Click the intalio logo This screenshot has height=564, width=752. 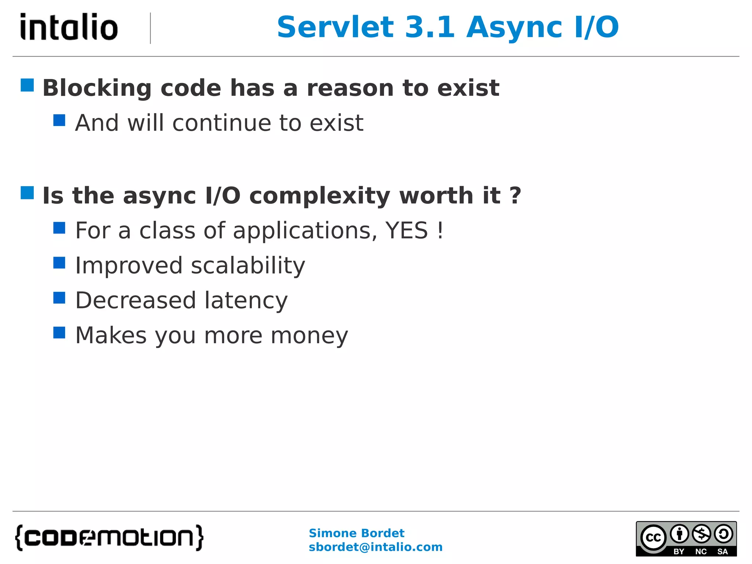tap(69, 27)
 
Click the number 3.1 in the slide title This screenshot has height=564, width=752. tap(430, 27)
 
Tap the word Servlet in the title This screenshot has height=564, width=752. tap(335, 27)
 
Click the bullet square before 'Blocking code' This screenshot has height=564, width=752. tap(27, 85)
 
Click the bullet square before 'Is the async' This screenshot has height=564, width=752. tap(27, 193)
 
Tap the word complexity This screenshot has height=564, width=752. tap(319, 196)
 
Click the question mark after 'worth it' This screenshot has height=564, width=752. tap(516, 195)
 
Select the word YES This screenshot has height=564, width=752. tap(406, 231)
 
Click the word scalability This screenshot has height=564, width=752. tap(248, 265)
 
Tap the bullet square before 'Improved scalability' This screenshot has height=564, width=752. tap(59, 263)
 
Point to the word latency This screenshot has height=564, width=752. tap(246, 300)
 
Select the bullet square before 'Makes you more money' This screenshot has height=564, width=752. tap(59, 333)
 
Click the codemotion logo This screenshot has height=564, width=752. tap(109, 538)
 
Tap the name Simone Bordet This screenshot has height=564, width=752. tap(356, 533)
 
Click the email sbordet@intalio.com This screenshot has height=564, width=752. tap(375, 547)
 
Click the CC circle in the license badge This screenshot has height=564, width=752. tap(653, 538)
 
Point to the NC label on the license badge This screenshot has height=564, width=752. tap(701, 552)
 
